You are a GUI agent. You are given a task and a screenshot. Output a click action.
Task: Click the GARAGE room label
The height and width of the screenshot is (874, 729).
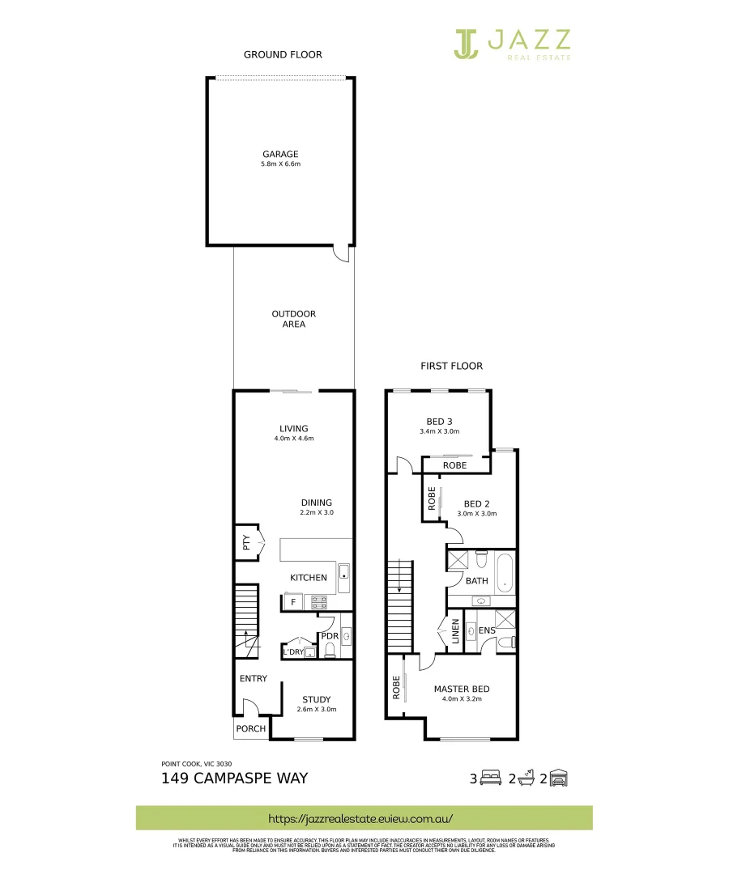pos(280,154)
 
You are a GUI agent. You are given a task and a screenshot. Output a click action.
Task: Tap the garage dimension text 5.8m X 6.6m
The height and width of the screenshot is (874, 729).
pos(280,164)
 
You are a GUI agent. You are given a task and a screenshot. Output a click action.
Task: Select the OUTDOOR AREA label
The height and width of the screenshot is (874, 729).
pos(293,319)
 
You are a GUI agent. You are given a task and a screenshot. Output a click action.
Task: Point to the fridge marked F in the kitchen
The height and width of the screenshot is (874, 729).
pos(292,602)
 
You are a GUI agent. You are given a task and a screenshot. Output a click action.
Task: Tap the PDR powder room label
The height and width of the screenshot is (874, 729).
pos(330,636)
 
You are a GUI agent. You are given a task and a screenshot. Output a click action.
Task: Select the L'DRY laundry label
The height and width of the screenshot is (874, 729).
pos(292,652)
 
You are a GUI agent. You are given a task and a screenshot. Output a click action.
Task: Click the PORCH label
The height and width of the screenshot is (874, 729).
pos(250,728)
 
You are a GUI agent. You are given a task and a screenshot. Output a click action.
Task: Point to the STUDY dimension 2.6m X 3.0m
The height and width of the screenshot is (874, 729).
pos(316,710)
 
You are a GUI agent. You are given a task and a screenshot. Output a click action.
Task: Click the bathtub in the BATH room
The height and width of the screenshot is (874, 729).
pos(505,571)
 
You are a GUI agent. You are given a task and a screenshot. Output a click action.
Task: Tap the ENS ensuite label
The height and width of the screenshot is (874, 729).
pos(487,630)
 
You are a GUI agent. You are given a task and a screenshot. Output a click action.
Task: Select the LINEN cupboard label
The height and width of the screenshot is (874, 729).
pos(456,631)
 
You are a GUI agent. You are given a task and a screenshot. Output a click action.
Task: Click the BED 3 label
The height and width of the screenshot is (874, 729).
pos(439,421)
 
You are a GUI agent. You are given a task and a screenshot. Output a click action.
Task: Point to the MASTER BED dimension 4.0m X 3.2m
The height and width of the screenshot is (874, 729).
pos(462,699)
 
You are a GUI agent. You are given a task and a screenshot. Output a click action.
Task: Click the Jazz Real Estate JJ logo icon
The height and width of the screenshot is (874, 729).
pos(467,44)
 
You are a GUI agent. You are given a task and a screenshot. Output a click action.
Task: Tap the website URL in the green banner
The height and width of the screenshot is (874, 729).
pos(364,818)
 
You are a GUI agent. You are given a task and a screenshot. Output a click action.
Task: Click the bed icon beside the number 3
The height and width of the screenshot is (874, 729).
pos(492,779)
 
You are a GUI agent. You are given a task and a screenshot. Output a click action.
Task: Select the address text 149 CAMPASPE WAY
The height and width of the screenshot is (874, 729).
pos(235,779)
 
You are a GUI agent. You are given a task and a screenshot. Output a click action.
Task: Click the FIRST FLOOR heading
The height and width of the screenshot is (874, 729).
pos(451,366)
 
